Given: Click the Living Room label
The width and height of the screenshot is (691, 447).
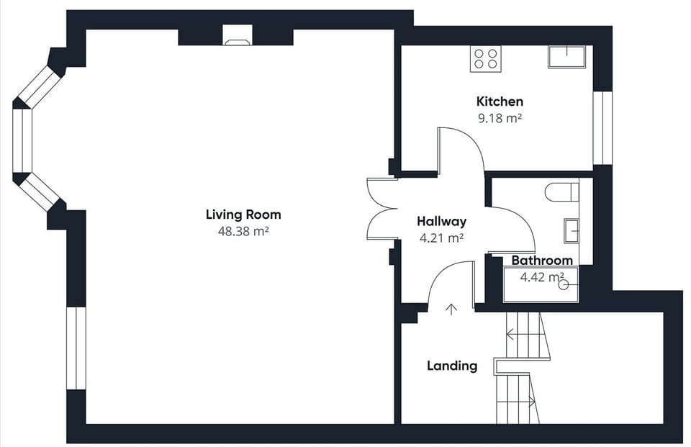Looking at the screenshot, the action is [243, 215].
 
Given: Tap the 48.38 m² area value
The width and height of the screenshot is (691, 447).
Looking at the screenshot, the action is [243, 231].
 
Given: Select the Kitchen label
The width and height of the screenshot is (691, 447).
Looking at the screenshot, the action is [500, 101].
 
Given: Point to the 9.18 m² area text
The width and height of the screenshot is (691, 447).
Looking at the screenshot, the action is [500, 118].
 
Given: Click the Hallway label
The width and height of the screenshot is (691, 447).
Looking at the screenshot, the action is [441, 221].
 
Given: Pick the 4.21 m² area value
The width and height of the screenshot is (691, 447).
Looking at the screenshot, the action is [441, 238].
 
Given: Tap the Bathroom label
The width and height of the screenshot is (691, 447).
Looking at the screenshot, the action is [542, 261].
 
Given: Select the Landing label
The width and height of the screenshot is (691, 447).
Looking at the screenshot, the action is [452, 366].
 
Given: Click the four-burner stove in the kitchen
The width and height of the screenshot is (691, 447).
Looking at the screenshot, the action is [486, 58].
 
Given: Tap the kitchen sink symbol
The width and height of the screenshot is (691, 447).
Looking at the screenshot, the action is [566, 57].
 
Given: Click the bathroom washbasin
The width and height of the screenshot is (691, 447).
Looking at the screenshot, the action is [572, 230].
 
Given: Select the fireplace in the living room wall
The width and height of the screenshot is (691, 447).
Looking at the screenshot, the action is [238, 35].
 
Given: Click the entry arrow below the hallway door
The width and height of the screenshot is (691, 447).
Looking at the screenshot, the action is [451, 310].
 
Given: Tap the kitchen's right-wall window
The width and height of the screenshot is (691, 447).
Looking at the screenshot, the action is [602, 128].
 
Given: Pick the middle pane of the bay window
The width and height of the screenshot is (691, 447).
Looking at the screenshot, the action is [22, 140].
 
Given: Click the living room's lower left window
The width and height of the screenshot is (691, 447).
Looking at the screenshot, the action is [76, 348].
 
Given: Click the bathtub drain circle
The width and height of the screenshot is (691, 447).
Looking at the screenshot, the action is [563, 285].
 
